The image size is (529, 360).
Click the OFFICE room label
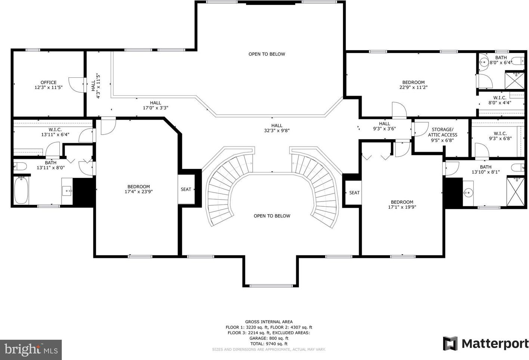click(49, 83)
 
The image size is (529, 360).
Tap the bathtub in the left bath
click(21, 190)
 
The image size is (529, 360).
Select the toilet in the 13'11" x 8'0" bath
click(20, 166)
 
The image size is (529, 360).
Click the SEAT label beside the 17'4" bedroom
click(186, 189)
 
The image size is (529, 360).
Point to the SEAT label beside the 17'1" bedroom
click(354, 193)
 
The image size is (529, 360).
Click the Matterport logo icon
click(450, 344)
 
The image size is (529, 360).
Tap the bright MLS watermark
click(31, 350)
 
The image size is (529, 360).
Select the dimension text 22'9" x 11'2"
click(413, 87)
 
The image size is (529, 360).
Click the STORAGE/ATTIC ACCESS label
click(443, 132)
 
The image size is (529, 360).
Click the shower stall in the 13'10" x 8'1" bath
click(516, 191)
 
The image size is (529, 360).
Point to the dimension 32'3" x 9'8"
click(277, 130)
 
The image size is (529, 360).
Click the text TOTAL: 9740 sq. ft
click(269, 344)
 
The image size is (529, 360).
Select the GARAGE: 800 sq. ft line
click(269, 338)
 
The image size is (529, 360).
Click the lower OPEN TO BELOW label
click(272, 216)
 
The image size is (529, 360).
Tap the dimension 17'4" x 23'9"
click(139, 192)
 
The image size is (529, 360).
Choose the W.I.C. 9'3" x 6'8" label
click(500, 136)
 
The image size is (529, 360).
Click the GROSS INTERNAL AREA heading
click(269, 322)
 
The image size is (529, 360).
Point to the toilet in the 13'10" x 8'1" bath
click(518, 168)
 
